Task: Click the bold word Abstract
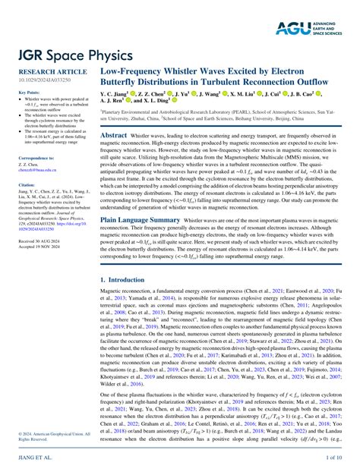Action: [x=114, y=134]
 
